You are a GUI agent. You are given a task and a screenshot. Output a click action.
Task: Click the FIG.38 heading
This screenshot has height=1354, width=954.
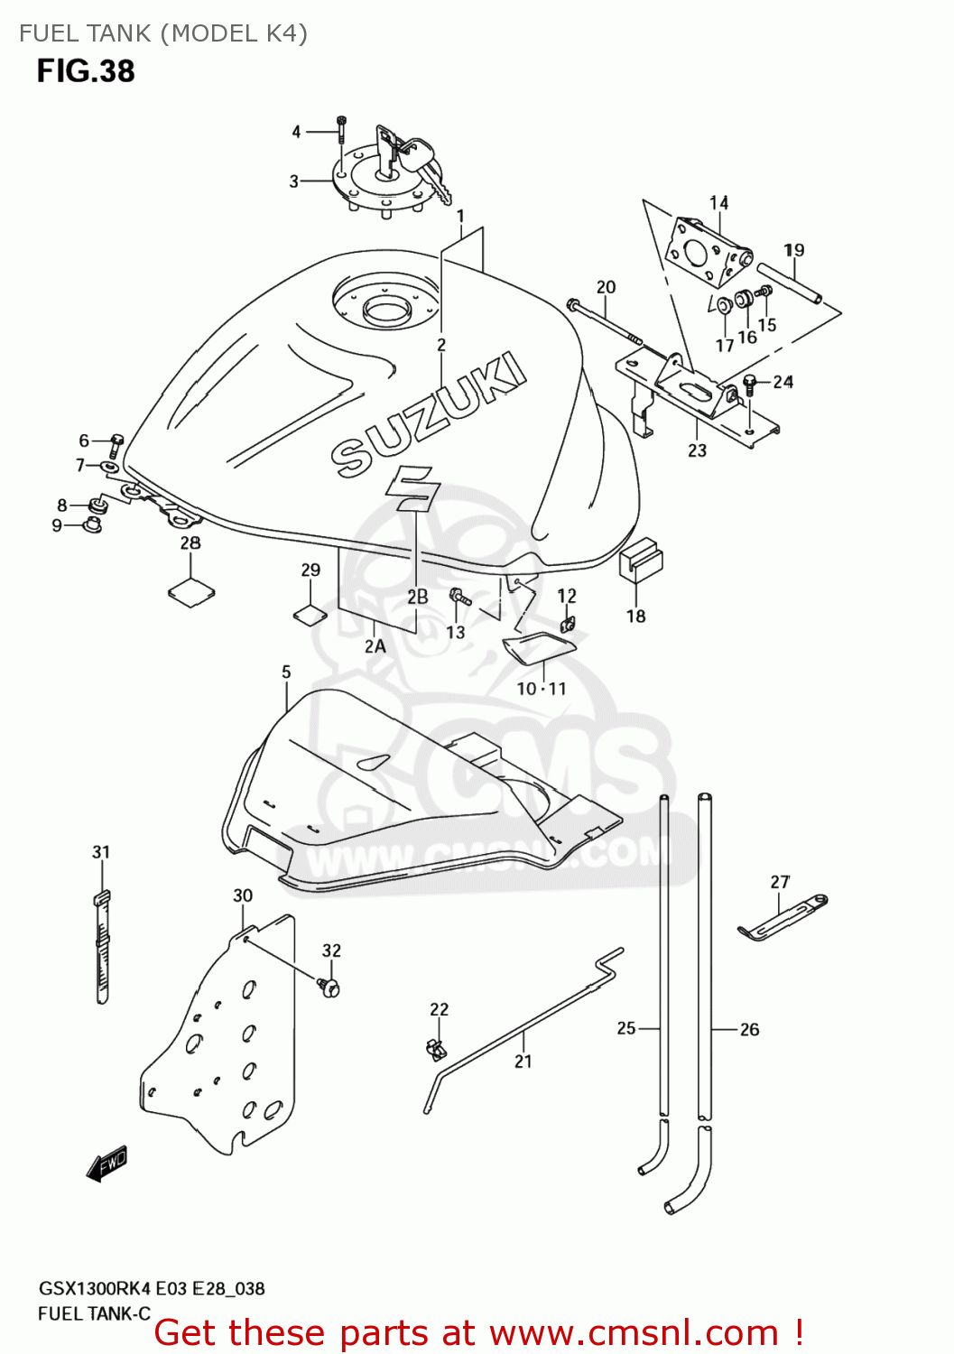coord(86,71)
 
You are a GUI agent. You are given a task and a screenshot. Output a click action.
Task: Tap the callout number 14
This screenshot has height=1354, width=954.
coord(718,203)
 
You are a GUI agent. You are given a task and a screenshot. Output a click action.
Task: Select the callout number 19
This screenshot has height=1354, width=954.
coord(793,250)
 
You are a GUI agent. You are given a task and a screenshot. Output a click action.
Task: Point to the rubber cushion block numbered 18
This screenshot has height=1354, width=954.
coord(641,560)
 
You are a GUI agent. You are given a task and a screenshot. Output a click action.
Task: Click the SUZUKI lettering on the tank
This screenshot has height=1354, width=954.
coord(429,415)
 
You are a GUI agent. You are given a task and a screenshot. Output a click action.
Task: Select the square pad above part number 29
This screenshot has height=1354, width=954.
coord(310,615)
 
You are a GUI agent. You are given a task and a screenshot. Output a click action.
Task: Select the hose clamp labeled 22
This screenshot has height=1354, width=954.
coord(435,1048)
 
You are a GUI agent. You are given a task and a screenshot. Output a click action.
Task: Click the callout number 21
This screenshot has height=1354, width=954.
coord(523,1062)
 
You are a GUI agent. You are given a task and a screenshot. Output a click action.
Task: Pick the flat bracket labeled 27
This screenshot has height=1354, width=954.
coord(782,919)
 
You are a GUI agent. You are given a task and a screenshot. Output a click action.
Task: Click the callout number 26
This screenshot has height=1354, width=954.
coord(749,1029)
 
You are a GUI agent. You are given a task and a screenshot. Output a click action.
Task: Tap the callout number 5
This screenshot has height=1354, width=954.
coord(286,672)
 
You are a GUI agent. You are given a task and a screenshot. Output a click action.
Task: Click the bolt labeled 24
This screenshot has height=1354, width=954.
coord(749,383)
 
